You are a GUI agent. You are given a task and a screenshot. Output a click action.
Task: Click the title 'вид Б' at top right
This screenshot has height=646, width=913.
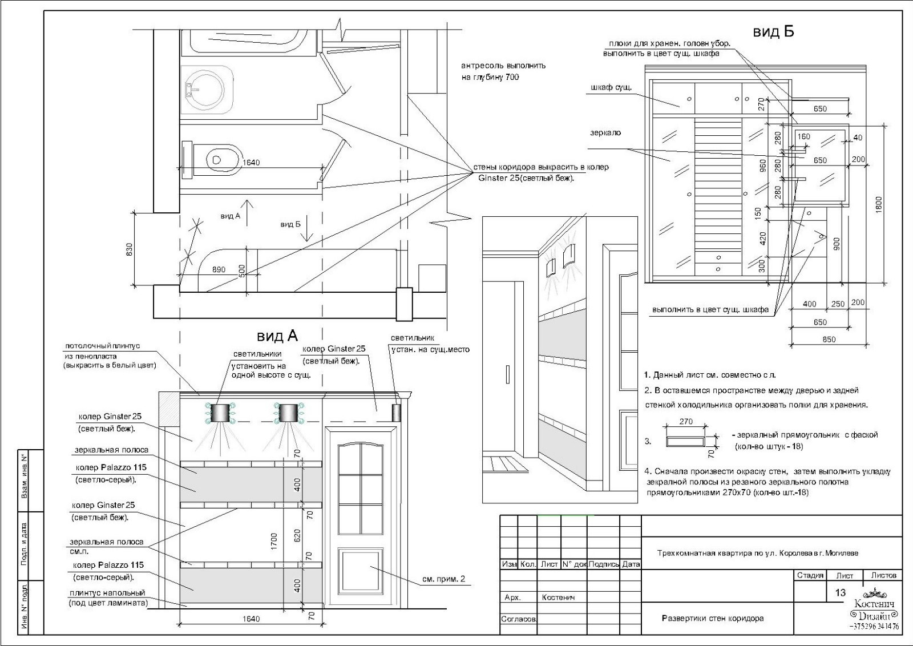point(773,32)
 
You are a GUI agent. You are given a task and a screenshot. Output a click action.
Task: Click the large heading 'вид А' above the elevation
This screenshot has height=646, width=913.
point(277,336)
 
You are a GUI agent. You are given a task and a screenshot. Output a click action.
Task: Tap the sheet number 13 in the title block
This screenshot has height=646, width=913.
point(840,592)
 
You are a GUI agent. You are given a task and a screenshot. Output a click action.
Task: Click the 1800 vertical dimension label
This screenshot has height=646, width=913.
point(878,204)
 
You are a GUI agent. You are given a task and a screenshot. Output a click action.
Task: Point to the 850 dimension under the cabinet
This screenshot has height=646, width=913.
point(829,339)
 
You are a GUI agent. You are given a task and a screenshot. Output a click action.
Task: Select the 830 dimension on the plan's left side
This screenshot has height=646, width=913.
point(129,249)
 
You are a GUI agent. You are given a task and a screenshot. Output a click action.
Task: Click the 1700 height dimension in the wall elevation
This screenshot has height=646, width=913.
point(273,541)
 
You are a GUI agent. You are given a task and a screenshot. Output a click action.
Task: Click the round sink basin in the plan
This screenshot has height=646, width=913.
point(203,89)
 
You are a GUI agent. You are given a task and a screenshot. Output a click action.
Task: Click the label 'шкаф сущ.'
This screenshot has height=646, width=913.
point(611,87)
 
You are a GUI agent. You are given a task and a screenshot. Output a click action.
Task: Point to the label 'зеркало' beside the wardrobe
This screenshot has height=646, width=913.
point(605,133)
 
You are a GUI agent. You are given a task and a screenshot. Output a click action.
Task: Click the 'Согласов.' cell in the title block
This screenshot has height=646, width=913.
point(519,619)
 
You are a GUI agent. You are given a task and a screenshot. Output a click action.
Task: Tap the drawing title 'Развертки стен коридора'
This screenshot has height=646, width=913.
point(713,618)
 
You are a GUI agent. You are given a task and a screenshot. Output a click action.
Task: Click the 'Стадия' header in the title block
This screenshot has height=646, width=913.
point(810,575)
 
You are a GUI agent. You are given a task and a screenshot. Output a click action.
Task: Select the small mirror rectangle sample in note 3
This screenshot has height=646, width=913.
point(686,441)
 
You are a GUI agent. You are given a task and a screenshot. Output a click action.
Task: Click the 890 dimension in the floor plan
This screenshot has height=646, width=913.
point(219,269)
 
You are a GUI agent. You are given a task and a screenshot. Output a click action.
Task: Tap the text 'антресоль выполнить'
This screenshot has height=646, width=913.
point(503,66)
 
